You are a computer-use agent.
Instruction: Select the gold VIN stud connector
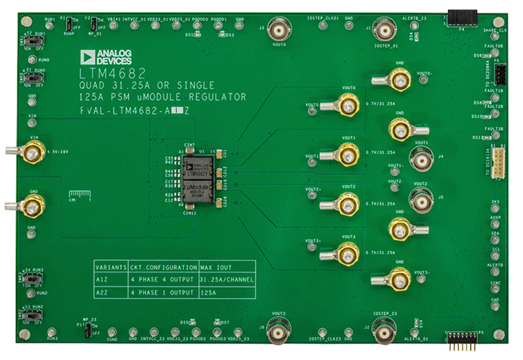tap(32, 152)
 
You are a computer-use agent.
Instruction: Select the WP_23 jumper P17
tap(88, 329)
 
